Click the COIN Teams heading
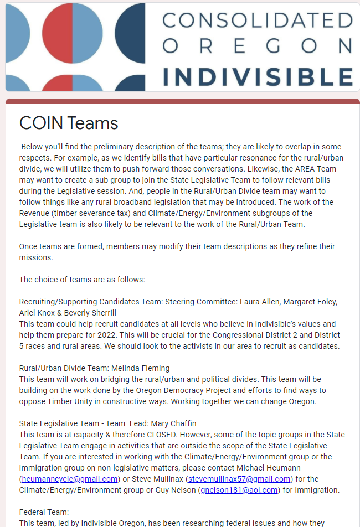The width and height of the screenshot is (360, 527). coord(69,122)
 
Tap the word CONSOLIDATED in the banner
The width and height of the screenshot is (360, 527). coord(258,20)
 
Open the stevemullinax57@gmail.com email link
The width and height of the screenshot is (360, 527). coord(239,479)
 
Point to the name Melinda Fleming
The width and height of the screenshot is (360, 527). coord(142,368)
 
